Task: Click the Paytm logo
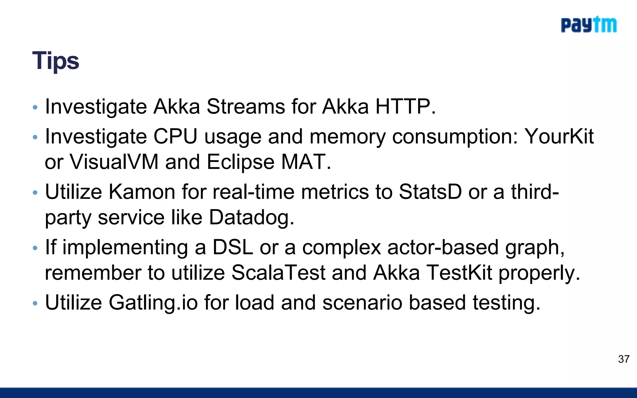588,25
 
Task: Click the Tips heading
56,61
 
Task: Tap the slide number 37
624,359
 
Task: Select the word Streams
246,107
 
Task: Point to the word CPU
175,137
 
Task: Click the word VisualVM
114,162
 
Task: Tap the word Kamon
142,192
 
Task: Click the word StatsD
430,192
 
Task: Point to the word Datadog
251,217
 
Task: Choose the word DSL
233,248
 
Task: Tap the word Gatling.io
153,303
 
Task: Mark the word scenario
362,303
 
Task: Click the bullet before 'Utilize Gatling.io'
35,303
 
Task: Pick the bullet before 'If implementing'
35,248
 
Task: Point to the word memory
347,137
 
